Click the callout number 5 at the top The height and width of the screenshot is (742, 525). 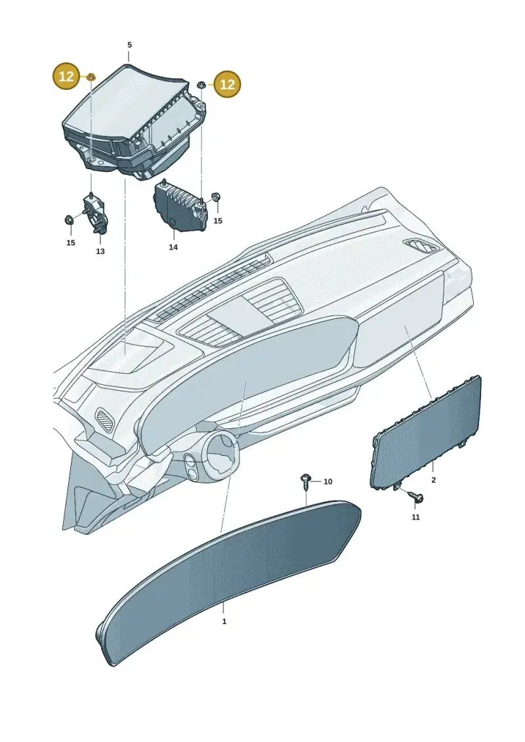(129, 45)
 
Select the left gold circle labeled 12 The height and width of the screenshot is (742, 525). (66, 75)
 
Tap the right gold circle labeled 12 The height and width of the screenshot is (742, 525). (228, 84)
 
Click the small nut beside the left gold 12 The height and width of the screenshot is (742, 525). (91, 75)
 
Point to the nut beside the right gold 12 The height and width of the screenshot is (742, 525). (200, 85)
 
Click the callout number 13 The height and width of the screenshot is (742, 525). (100, 251)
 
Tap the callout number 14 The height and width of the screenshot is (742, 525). (173, 247)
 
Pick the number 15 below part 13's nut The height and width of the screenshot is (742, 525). (70, 243)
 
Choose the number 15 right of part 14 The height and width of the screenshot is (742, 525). (217, 220)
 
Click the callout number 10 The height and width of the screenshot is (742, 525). (328, 482)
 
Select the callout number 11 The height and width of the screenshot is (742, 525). (415, 517)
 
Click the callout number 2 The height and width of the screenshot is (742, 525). (434, 480)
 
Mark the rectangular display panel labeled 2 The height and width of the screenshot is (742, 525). (425, 431)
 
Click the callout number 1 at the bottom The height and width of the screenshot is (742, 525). (224, 621)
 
